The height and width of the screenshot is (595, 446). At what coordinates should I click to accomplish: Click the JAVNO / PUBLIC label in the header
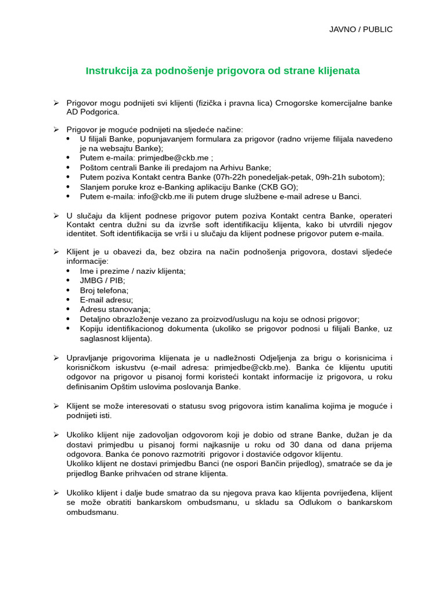[x=361, y=29]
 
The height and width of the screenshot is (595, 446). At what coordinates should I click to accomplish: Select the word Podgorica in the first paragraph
[x=99, y=112]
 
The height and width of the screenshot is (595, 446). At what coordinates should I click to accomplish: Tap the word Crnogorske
[x=296, y=103]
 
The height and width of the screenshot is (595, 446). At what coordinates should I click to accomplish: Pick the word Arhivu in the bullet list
[x=215, y=167]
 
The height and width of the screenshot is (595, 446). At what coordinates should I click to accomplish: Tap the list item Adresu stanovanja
[x=115, y=309]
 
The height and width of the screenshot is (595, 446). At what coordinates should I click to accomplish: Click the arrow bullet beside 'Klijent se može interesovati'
[x=56, y=406]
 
